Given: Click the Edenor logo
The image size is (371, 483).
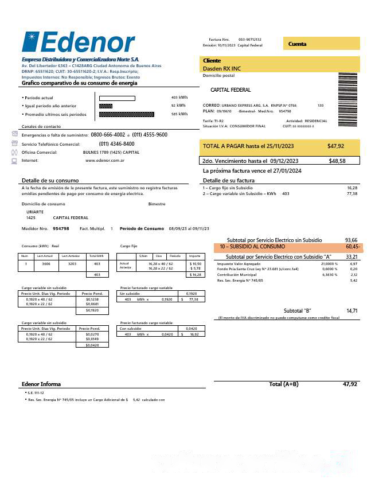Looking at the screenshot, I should (79, 43).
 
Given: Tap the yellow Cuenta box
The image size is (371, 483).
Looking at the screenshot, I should (321, 44).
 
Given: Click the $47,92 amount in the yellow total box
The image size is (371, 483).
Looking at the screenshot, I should (335, 146).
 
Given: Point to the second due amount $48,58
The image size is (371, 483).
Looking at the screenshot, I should (337, 161).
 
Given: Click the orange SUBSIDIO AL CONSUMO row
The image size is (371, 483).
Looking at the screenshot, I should (287, 247).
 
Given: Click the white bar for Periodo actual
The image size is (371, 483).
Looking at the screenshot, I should (117, 98).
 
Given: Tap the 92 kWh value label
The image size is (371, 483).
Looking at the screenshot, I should (178, 106).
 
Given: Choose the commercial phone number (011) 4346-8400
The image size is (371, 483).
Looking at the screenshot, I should (116, 144).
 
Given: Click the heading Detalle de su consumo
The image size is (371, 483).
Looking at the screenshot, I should (46, 181).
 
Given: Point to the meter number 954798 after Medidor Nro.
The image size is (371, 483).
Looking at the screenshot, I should (61, 229).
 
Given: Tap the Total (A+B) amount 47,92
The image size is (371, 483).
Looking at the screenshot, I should (350, 384).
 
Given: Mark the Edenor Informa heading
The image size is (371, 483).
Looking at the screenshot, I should (41, 384).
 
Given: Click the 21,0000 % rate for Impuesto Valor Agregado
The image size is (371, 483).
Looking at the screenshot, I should (329, 263).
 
